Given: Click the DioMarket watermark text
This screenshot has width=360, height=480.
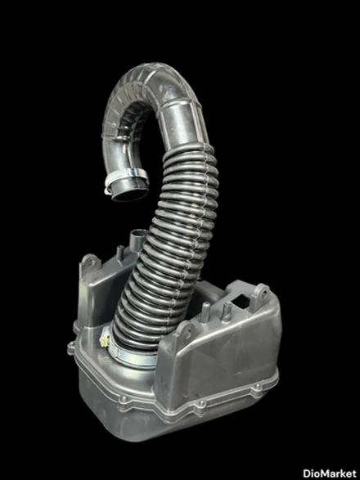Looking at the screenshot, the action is click(x=330, y=473).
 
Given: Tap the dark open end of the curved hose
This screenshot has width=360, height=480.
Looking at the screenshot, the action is click(x=131, y=195).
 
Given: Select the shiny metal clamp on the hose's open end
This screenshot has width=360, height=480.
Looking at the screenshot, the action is click(x=126, y=178).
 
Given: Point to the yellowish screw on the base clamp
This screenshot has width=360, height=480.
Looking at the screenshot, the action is click(x=105, y=340).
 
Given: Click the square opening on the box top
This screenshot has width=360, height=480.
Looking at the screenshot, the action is click(x=241, y=301).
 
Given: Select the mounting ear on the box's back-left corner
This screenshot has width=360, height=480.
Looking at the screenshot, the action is click(x=91, y=262).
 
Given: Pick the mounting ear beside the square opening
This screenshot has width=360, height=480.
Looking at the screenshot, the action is click(x=260, y=294).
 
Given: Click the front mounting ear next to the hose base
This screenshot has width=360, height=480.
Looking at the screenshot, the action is click(x=184, y=331).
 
